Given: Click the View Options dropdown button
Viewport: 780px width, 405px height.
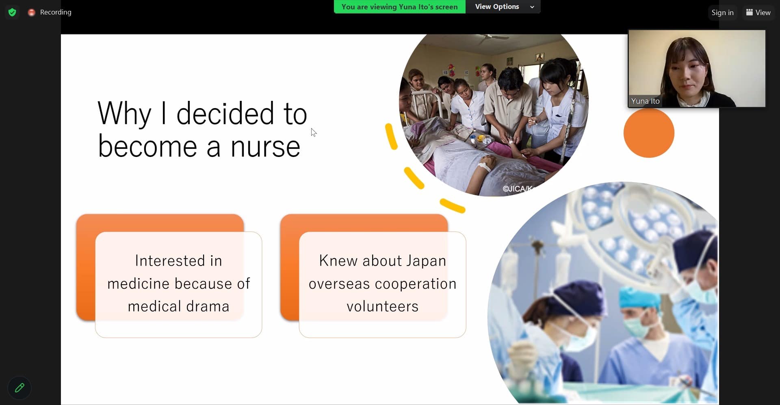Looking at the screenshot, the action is tap(503, 7).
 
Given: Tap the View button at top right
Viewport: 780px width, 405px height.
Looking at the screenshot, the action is tap(758, 12).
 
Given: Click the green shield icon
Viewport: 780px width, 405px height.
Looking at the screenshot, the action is tap(12, 12).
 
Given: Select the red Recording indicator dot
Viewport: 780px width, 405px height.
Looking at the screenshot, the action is tap(31, 13).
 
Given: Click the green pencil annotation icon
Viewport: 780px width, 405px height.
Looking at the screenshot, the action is tap(19, 388).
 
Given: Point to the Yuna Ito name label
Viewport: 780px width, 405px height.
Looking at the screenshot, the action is tap(645, 101).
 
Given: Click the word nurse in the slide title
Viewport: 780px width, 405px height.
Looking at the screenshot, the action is tap(265, 147).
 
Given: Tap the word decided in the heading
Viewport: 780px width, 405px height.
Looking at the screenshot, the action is tap(225, 113).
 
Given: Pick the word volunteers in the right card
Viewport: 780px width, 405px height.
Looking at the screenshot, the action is tap(382, 306).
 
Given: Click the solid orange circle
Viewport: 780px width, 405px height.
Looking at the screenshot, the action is tap(649, 133).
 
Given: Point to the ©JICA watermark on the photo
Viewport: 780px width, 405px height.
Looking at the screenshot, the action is tap(517, 189).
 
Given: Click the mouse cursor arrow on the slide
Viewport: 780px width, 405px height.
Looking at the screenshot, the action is tap(314, 133).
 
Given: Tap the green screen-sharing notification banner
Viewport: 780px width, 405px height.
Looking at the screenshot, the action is tap(400, 7).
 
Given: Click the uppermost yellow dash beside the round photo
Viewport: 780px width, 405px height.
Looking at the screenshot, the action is tap(391, 136).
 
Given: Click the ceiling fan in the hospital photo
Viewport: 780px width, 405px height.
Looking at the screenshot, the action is tap(492, 38).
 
